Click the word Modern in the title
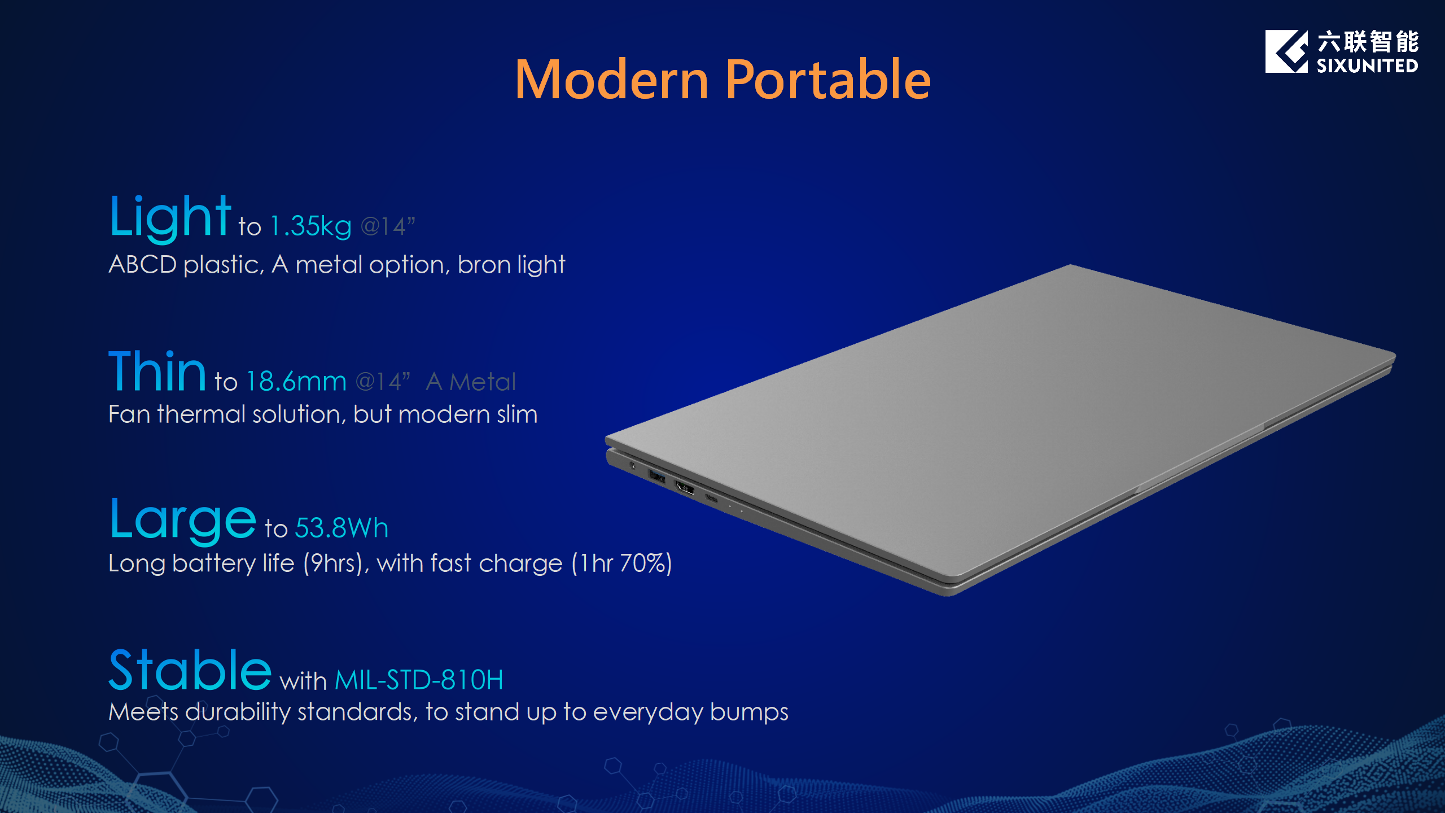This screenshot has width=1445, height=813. pos(612,80)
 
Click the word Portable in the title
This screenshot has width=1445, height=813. pos(828,80)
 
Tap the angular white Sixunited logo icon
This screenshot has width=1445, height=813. pos(1286,51)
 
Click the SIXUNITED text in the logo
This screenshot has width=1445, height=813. pos(1367,66)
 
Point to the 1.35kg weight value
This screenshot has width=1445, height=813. pos(311,226)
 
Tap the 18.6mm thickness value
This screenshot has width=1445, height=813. pos(296,382)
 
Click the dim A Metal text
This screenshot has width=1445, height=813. pos(471,382)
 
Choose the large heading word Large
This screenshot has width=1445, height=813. pos(183,521)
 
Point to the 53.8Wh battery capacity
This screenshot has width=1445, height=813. pos(341,528)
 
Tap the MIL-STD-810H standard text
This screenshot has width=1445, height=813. pos(419,680)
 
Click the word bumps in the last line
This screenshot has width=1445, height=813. pos(749,713)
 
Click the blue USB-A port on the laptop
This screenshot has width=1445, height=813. pos(656,477)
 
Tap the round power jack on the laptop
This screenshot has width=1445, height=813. pos(632,466)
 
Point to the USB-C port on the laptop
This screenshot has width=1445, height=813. pos(711,498)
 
